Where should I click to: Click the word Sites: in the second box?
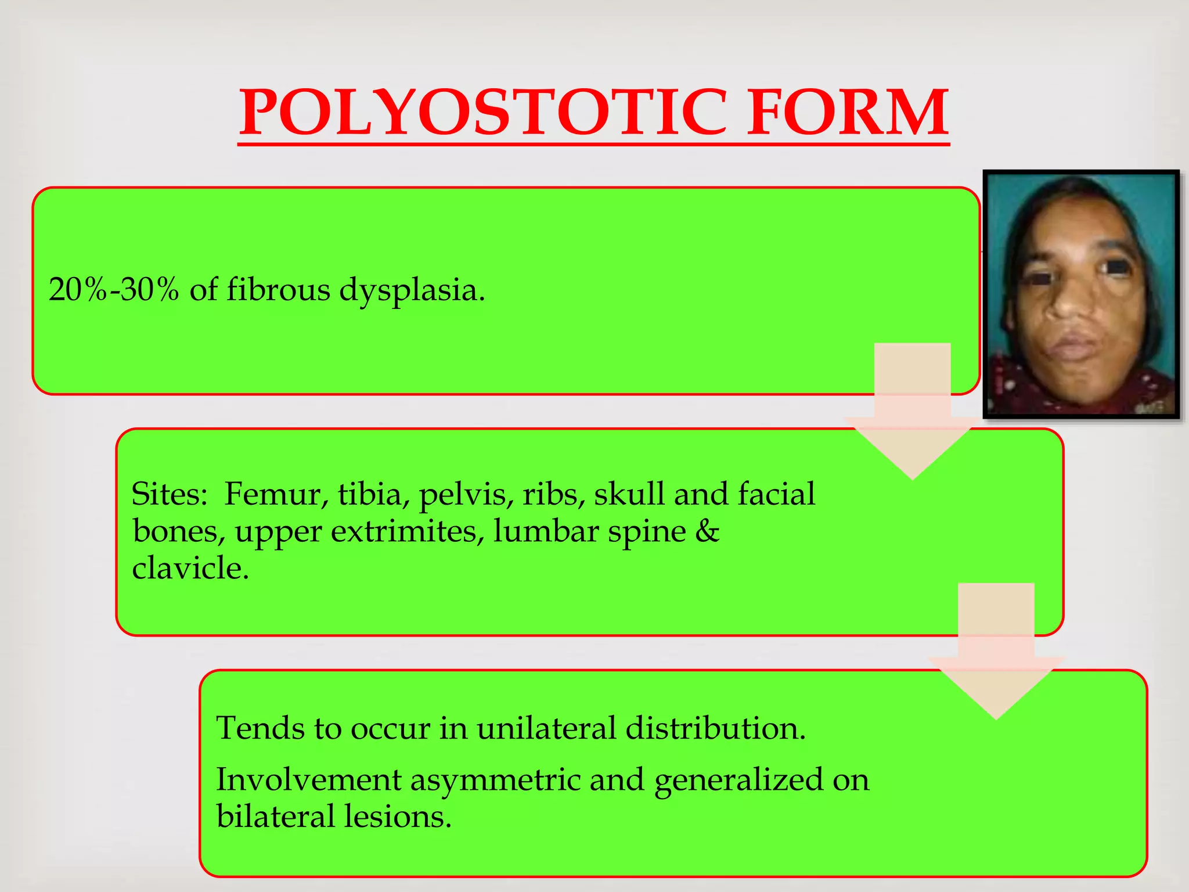[169, 494]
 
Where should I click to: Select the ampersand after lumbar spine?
[707, 531]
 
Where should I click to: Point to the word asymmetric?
[495, 779]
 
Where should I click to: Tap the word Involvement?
[308, 779]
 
